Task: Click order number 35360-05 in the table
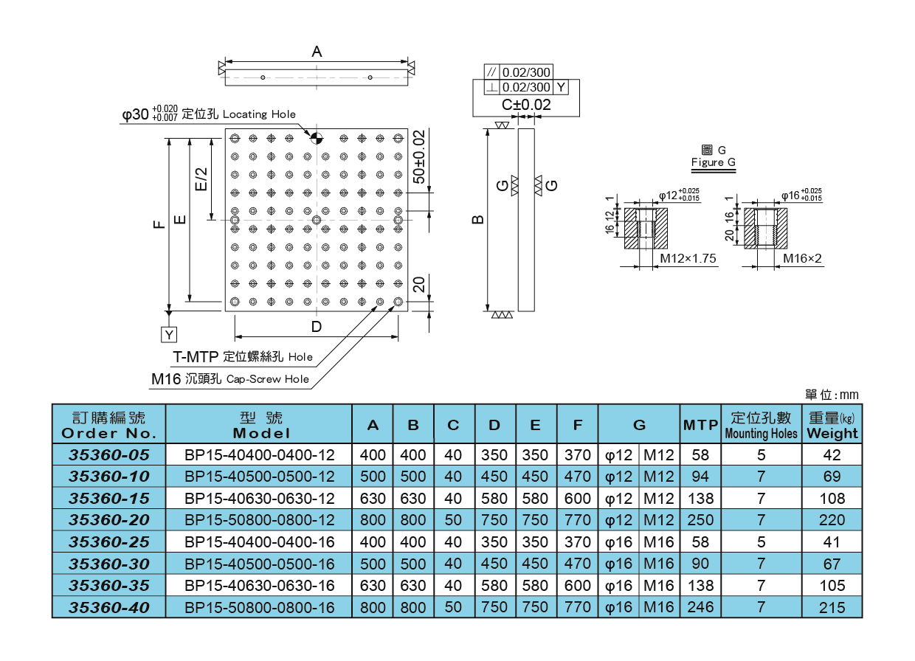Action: click(x=108, y=455)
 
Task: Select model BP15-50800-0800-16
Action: click(x=259, y=608)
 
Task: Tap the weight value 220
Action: click(x=832, y=520)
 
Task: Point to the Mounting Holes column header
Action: click(x=761, y=426)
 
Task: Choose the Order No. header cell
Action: click(x=108, y=426)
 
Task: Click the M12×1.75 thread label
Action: click(x=688, y=259)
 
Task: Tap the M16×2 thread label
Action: click(x=802, y=259)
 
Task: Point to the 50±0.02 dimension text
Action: click(x=418, y=156)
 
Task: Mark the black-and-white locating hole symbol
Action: click(x=316, y=138)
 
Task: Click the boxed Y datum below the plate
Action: click(x=169, y=335)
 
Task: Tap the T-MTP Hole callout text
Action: click(x=243, y=357)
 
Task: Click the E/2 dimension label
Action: click(x=201, y=178)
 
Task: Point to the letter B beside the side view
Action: click(x=477, y=220)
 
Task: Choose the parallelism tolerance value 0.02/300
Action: click(x=526, y=72)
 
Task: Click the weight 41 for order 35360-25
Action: click(x=832, y=542)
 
